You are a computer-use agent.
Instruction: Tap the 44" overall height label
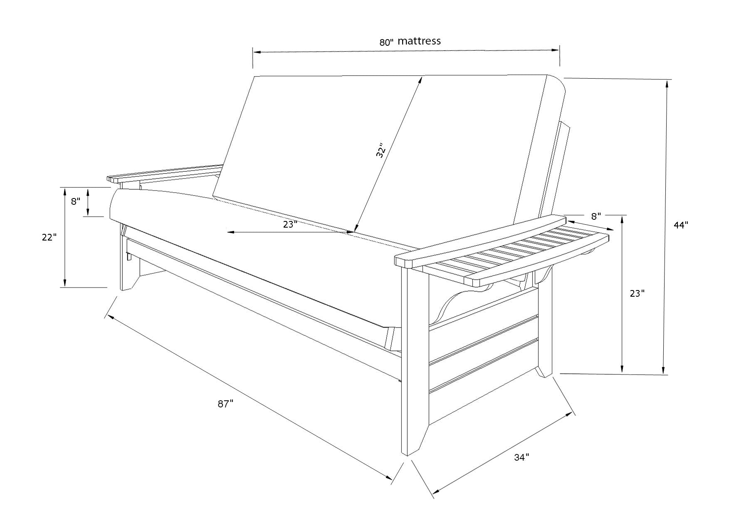coord(681,225)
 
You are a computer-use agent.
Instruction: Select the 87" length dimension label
coord(225,404)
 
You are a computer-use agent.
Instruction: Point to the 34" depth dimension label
coord(521,457)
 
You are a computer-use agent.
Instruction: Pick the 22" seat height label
coord(49,237)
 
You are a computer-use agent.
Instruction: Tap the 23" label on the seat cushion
coord(290,224)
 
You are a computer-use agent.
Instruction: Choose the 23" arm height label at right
coord(637,293)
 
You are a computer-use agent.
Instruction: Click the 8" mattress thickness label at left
coord(75,201)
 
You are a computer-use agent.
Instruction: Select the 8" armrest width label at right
coord(596,216)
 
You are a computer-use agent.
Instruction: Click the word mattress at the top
coord(419,41)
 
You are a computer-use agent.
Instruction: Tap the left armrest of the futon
coord(164,174)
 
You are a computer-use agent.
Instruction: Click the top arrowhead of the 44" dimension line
coord(667,83)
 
